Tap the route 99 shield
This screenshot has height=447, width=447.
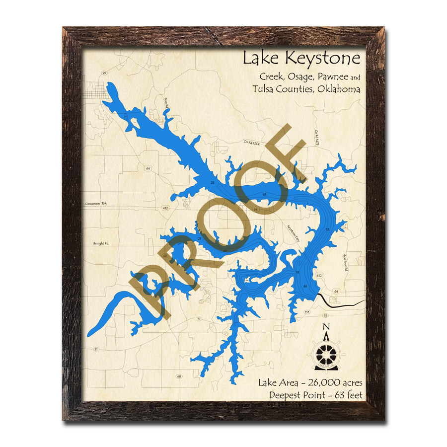[104, 73]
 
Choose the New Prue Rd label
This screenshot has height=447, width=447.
[344, 261]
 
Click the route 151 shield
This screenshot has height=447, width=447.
[307, 312]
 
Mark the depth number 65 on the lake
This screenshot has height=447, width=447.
[305, 287]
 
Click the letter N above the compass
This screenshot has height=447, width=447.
[326, 326]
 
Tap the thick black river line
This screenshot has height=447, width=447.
[343, 302]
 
